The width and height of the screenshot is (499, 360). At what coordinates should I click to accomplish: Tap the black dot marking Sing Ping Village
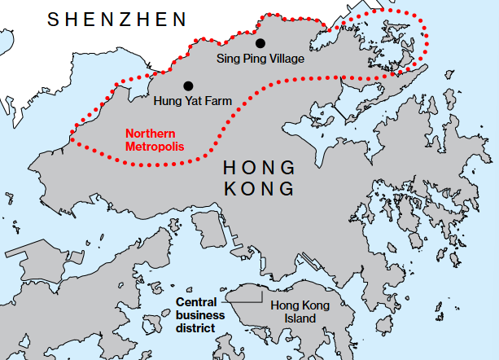pos(260,43)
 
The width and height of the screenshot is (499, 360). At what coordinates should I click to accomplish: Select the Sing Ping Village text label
pos(261,59)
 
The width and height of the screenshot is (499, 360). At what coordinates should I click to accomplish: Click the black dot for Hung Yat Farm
pos(188,86)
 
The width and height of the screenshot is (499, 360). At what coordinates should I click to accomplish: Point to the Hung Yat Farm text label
pos(193,101)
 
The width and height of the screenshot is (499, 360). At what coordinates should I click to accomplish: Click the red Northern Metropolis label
pos(155,139)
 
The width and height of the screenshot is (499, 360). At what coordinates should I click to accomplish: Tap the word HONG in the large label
pos(258,168)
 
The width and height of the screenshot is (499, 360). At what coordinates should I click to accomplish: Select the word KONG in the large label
pos(258,189)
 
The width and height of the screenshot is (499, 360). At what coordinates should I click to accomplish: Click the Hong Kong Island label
pos(301,311)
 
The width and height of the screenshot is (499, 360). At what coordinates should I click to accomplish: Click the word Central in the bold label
pos(196,301)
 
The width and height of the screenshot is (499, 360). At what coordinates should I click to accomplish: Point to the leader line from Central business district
pos(234,297)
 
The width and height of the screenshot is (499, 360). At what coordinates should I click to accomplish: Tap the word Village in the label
pos(287,59)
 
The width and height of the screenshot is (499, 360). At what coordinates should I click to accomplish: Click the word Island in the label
pos(302,318)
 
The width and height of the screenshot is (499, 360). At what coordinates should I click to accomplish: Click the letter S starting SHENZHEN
pos(53,18)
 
